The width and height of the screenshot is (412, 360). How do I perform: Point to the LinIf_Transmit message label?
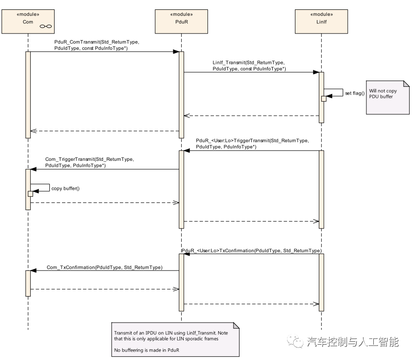(249, 65)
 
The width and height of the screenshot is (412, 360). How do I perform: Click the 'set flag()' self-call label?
(355, 93)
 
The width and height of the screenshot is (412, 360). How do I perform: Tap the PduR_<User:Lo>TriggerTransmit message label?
(252, 143)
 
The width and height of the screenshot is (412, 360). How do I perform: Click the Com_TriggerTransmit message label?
(89, 162)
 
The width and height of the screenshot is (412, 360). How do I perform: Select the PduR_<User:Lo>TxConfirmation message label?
(252, 251)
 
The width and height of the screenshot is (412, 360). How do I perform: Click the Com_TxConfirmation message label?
(104, 268)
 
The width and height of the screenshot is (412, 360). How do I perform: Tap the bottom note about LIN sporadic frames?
(175, 339)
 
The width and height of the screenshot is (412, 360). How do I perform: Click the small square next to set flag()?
(323, 98)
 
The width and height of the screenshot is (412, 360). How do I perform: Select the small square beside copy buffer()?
(30, 194)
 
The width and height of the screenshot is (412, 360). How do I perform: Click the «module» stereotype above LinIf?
(321, 14)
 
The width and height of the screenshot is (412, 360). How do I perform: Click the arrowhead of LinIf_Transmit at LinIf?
(316, 72)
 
